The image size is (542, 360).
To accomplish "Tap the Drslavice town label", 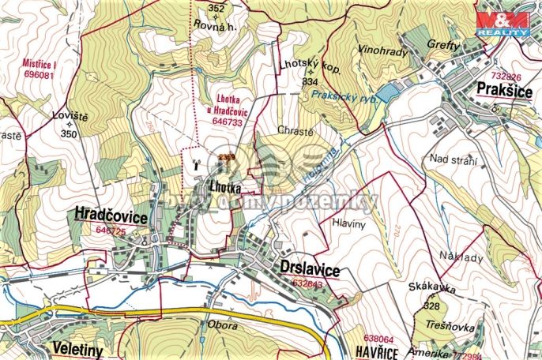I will pyautogui.click(x=309, y=269).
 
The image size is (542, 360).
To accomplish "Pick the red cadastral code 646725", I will pyautogui.click(x=110, y=231).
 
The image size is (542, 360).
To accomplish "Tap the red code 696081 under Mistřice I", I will pyautogui.click(x=28, y=75).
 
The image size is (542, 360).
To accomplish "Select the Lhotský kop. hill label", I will pyautogui.click(x=309, y=68).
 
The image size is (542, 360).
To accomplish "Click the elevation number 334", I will pyautogui.click(x=310, y=82).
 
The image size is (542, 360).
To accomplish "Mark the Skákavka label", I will pyautogui.click(x=433, y=290).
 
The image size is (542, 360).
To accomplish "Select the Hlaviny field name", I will pyautogui.click(x=352, y=223).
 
